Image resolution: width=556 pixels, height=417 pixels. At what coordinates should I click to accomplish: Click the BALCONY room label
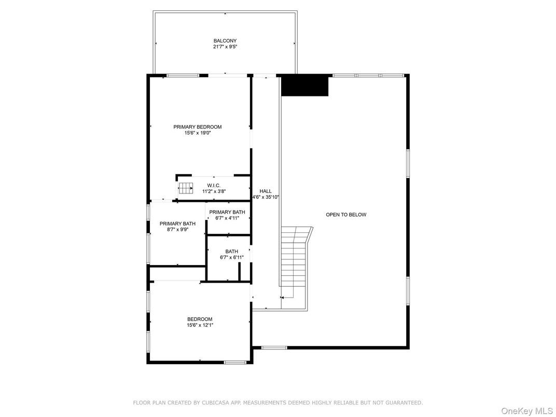pos(225,40)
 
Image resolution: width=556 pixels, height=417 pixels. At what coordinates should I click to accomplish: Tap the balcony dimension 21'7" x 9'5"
pos(225,47)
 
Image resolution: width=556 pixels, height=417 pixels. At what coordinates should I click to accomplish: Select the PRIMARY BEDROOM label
pos(197,127)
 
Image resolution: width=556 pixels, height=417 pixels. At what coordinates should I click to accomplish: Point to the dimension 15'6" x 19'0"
pos(197,133)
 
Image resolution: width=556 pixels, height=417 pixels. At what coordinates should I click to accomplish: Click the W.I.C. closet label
pos(214,185)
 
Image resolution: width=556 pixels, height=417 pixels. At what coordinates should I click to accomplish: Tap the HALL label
pos(266,191)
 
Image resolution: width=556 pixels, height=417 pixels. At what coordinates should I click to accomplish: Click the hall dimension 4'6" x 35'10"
pos(266,197)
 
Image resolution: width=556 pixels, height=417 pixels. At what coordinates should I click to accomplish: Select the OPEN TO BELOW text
pos(346,214)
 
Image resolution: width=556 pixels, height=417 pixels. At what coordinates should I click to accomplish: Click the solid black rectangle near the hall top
pos(305,86)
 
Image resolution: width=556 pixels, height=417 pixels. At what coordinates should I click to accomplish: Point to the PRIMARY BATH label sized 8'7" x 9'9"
pos(177,224)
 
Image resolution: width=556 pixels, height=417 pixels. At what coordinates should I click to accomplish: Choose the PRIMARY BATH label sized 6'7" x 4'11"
pos(227,212)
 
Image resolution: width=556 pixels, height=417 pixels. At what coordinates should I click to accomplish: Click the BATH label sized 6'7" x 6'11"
pos(231,251)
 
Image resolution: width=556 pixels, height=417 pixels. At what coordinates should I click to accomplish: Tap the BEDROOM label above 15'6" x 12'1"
pos(200,319)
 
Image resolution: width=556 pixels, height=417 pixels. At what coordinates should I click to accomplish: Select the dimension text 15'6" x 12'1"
pos(200,325)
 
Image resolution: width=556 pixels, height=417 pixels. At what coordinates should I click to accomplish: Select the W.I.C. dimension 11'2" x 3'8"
pos(214,191)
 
